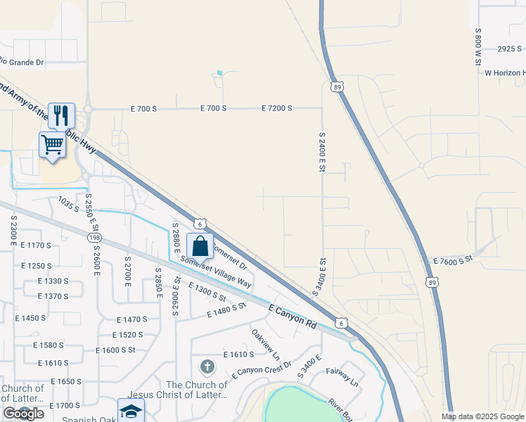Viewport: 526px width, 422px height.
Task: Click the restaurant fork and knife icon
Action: (x=61, y=115)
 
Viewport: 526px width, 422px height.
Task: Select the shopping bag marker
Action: (x=200, y=246)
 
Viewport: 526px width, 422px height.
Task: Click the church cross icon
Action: (x=207, y=366)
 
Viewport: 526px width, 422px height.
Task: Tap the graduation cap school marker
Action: (x=131, y=411)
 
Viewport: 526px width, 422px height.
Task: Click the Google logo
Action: (x=23, y=414)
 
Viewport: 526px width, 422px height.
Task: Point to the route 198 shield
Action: (x=94, y=238)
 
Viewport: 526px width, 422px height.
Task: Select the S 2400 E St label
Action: (x=322, y=155)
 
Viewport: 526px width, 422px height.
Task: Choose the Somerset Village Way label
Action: (x=217, y=271)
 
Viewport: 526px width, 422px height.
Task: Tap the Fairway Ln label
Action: (x=342, y=378)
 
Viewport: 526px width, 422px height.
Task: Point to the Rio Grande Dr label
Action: (x=21, y=62)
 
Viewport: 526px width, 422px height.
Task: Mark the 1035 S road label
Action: (x=69, y=205)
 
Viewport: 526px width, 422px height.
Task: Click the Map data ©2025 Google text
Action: (x=482, y=416)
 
